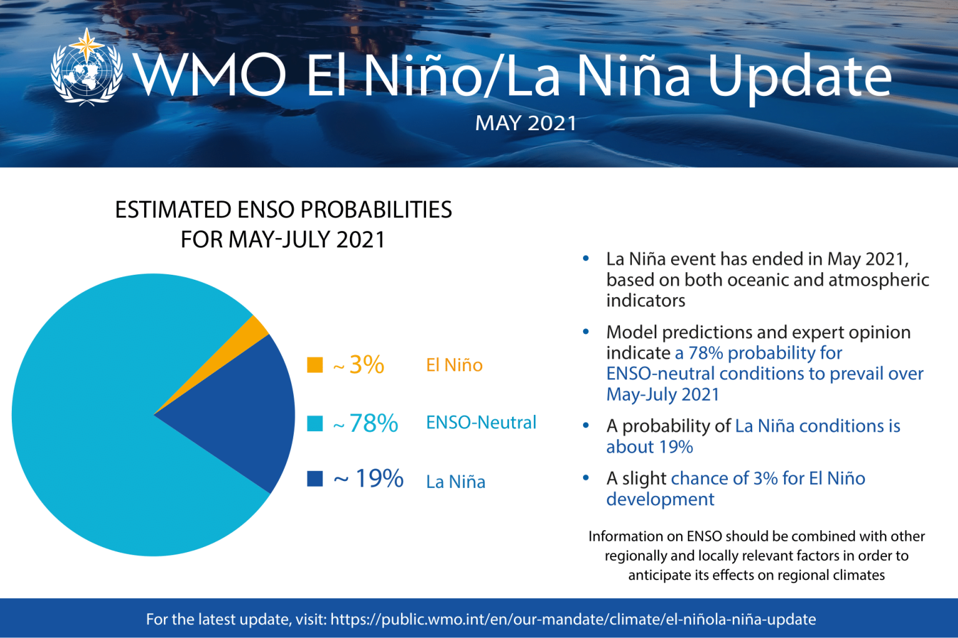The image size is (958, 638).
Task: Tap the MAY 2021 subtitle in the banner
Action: [525, 123]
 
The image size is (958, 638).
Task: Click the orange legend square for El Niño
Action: [315, 364]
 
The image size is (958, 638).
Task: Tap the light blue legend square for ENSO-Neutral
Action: [315, 423]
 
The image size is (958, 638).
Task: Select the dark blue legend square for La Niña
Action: [315, 478]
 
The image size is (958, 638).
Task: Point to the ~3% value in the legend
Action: [359, 364]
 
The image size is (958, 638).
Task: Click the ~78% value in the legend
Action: [366, 424]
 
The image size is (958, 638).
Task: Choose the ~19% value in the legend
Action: [369, 478]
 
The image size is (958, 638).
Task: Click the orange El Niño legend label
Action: [454, 365]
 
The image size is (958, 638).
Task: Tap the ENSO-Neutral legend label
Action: [481, 422]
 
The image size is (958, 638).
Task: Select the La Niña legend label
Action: [455, 482]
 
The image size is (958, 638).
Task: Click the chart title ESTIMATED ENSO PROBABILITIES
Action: [283, 210]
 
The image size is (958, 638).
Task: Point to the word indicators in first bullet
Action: [646, 300]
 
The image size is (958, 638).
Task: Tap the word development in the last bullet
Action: [660, 499]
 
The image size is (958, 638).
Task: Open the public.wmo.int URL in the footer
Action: [573, 619]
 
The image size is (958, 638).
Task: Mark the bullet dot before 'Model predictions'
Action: [586, 332]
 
